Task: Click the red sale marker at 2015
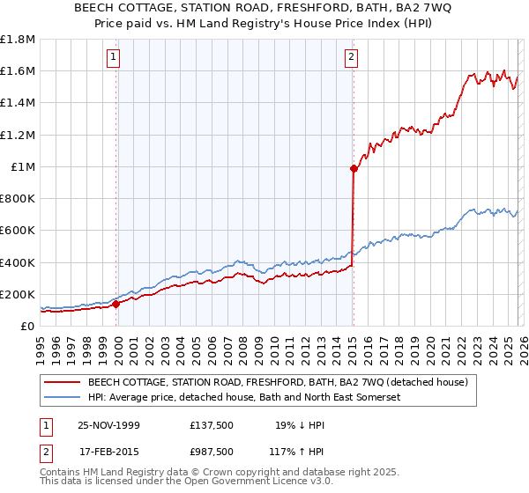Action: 353,168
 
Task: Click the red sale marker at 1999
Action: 116,304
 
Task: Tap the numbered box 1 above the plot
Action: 114,58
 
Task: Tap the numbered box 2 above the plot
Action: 351,58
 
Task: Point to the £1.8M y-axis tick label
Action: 18,40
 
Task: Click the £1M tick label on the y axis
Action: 23,167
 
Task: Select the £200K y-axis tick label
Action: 18,294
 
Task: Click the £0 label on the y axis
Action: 27,327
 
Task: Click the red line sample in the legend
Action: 63,382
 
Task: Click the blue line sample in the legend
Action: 63,398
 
